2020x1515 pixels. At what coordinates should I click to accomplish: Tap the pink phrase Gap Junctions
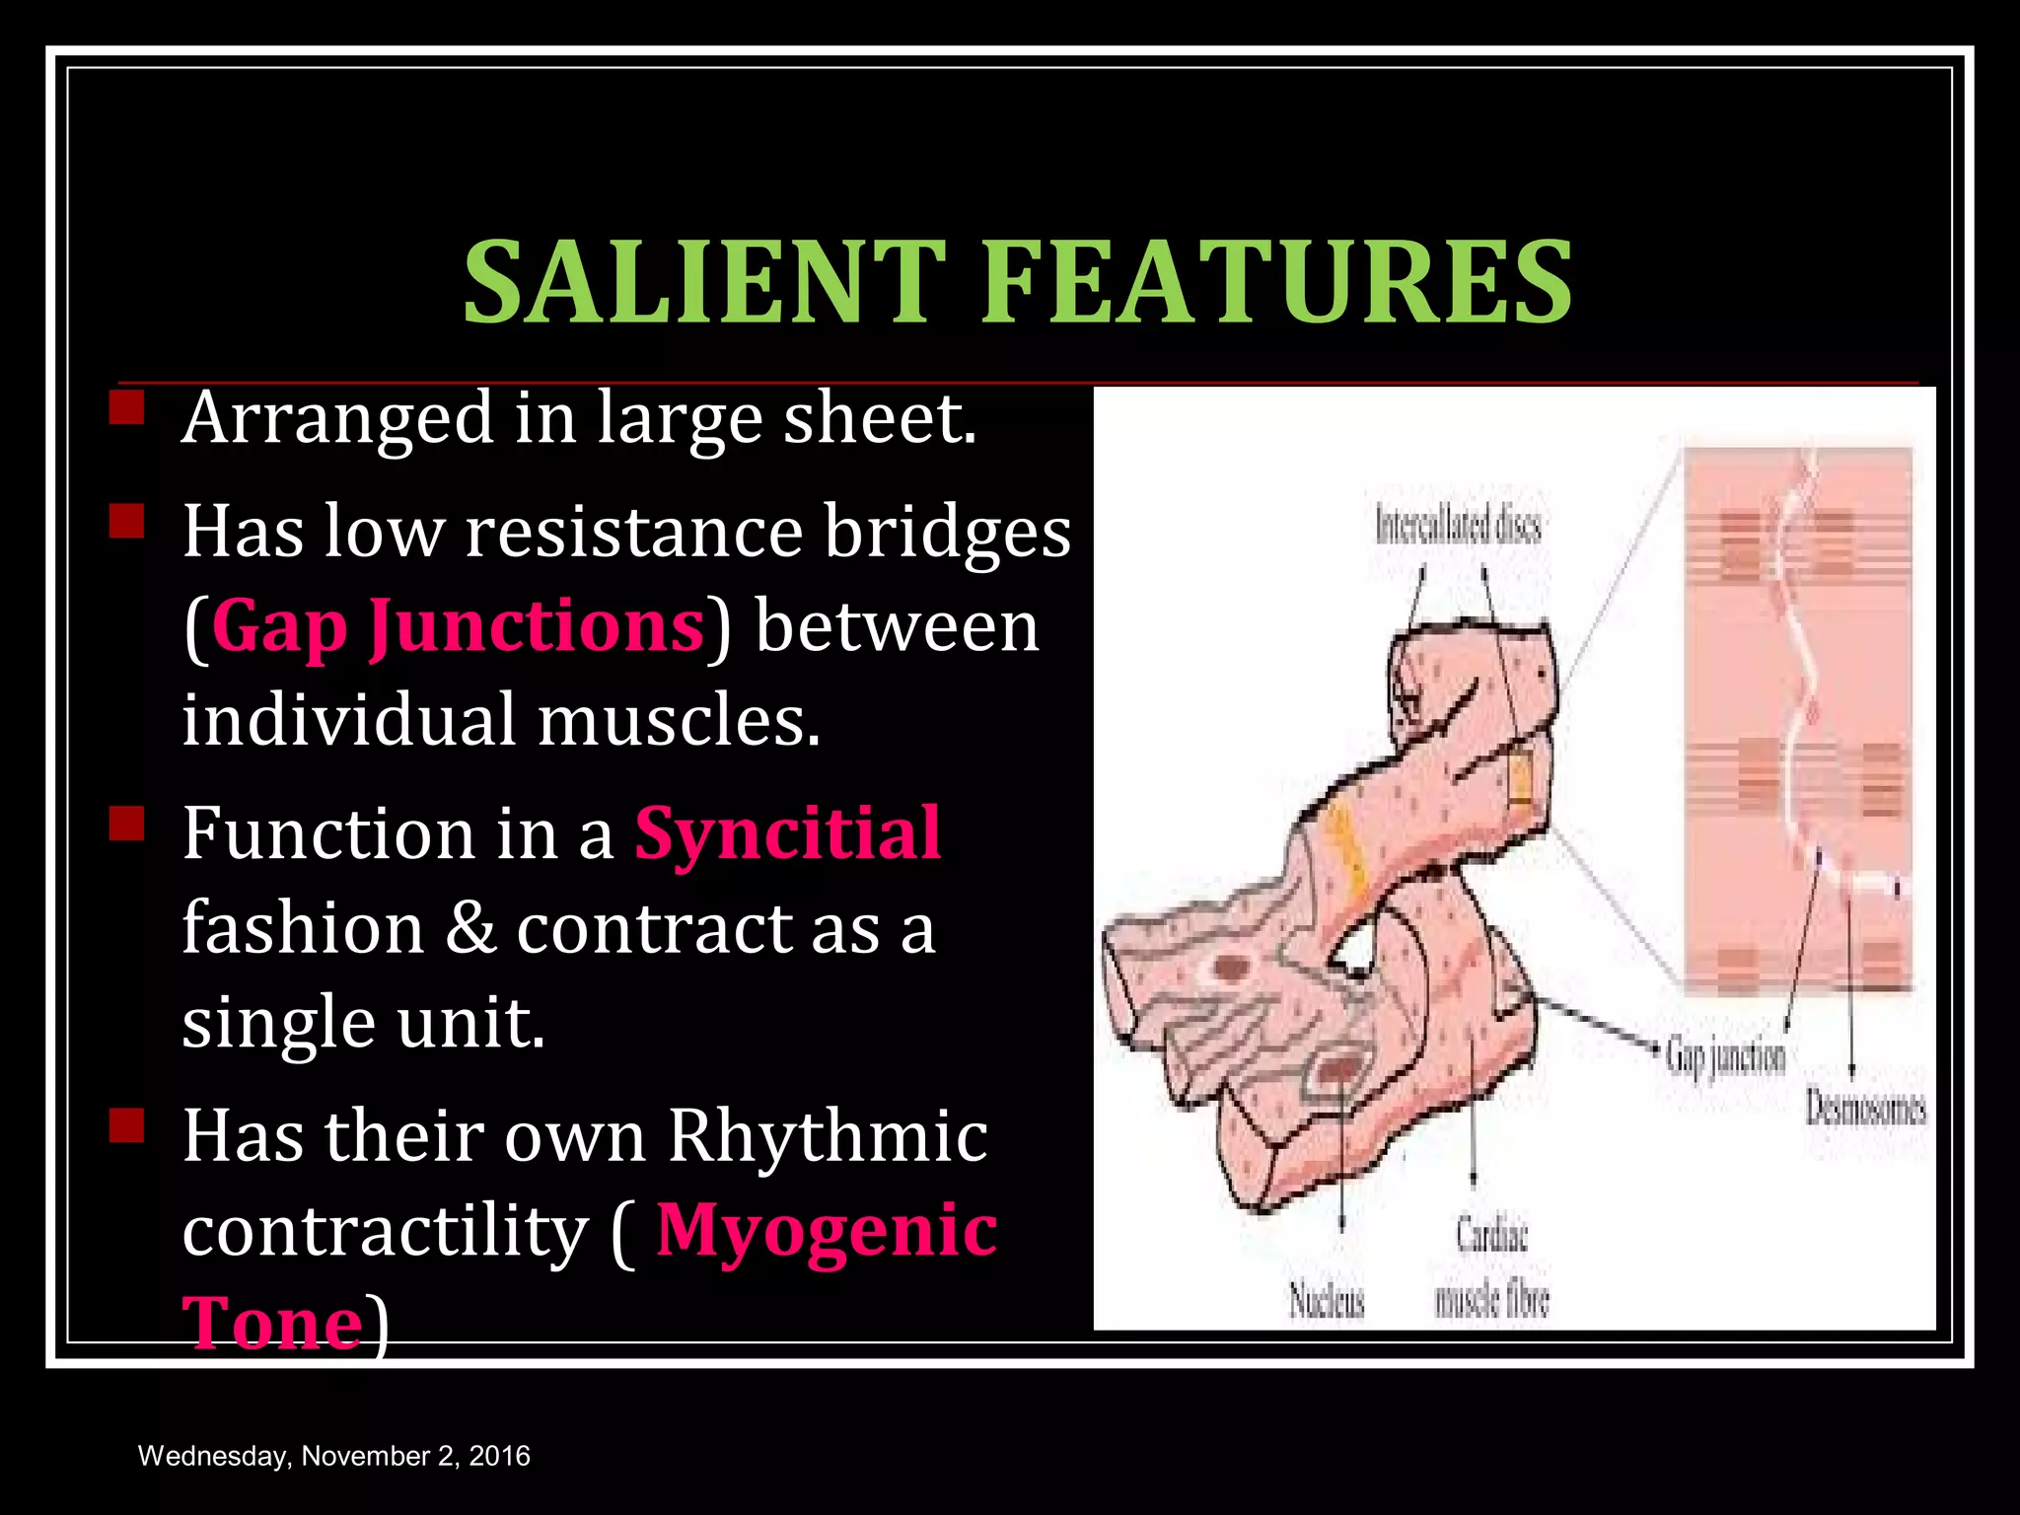tap(458, 627)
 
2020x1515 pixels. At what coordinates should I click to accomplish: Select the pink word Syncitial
tap(787, 834)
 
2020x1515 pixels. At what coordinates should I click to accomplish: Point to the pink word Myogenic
tap(827, 1231)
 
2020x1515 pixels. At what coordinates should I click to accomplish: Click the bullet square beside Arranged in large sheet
tap(127, 407)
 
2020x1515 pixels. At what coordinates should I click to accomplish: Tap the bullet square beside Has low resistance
tap(127, 521)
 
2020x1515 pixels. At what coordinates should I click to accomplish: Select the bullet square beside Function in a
tap(127, 823)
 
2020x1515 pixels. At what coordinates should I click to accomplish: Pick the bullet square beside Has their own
tap(127, 1124)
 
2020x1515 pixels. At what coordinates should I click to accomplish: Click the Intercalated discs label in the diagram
tap(1458, 527)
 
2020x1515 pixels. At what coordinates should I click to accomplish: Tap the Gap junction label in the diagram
tap(1725, 1056)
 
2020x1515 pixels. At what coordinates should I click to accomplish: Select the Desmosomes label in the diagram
tap(1865, 1108)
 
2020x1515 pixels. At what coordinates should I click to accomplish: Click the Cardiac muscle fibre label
tap(1491, 1267)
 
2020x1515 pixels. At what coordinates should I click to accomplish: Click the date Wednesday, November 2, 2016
tap(334, 1456)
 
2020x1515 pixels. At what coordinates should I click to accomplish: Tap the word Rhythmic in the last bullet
tap(828, 1136)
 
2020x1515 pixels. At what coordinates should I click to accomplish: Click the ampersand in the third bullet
tap(470, 929)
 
